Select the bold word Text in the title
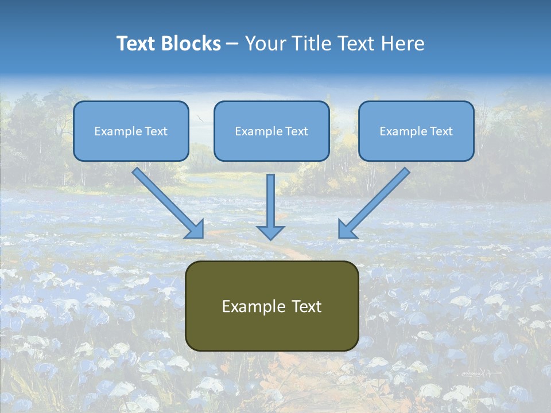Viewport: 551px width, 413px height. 138,44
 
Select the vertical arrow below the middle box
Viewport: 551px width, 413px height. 270,206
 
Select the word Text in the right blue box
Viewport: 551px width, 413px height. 441,131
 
